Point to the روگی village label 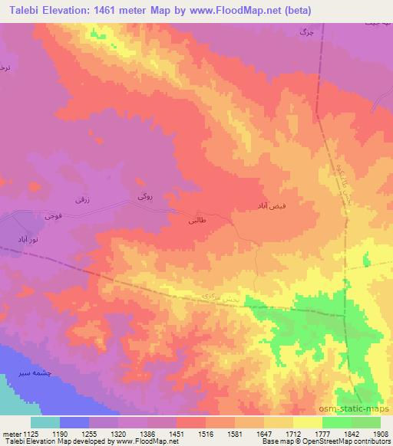coord(145,197)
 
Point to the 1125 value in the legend coord(31,433)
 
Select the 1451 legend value coord(176,433)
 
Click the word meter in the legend coord(12,433)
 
